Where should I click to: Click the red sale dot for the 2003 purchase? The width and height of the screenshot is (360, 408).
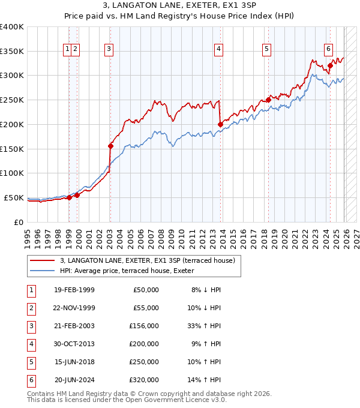point(110,145)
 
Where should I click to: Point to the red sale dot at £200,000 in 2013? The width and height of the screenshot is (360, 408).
point(220,124)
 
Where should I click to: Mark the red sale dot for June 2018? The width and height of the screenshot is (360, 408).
point(268,100)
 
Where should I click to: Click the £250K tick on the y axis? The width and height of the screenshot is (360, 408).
point(12,100)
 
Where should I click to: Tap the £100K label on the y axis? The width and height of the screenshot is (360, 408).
point(12,173)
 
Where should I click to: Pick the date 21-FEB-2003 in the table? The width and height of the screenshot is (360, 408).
point(74,326)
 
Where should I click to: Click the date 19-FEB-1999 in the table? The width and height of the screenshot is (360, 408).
point(74,290)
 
